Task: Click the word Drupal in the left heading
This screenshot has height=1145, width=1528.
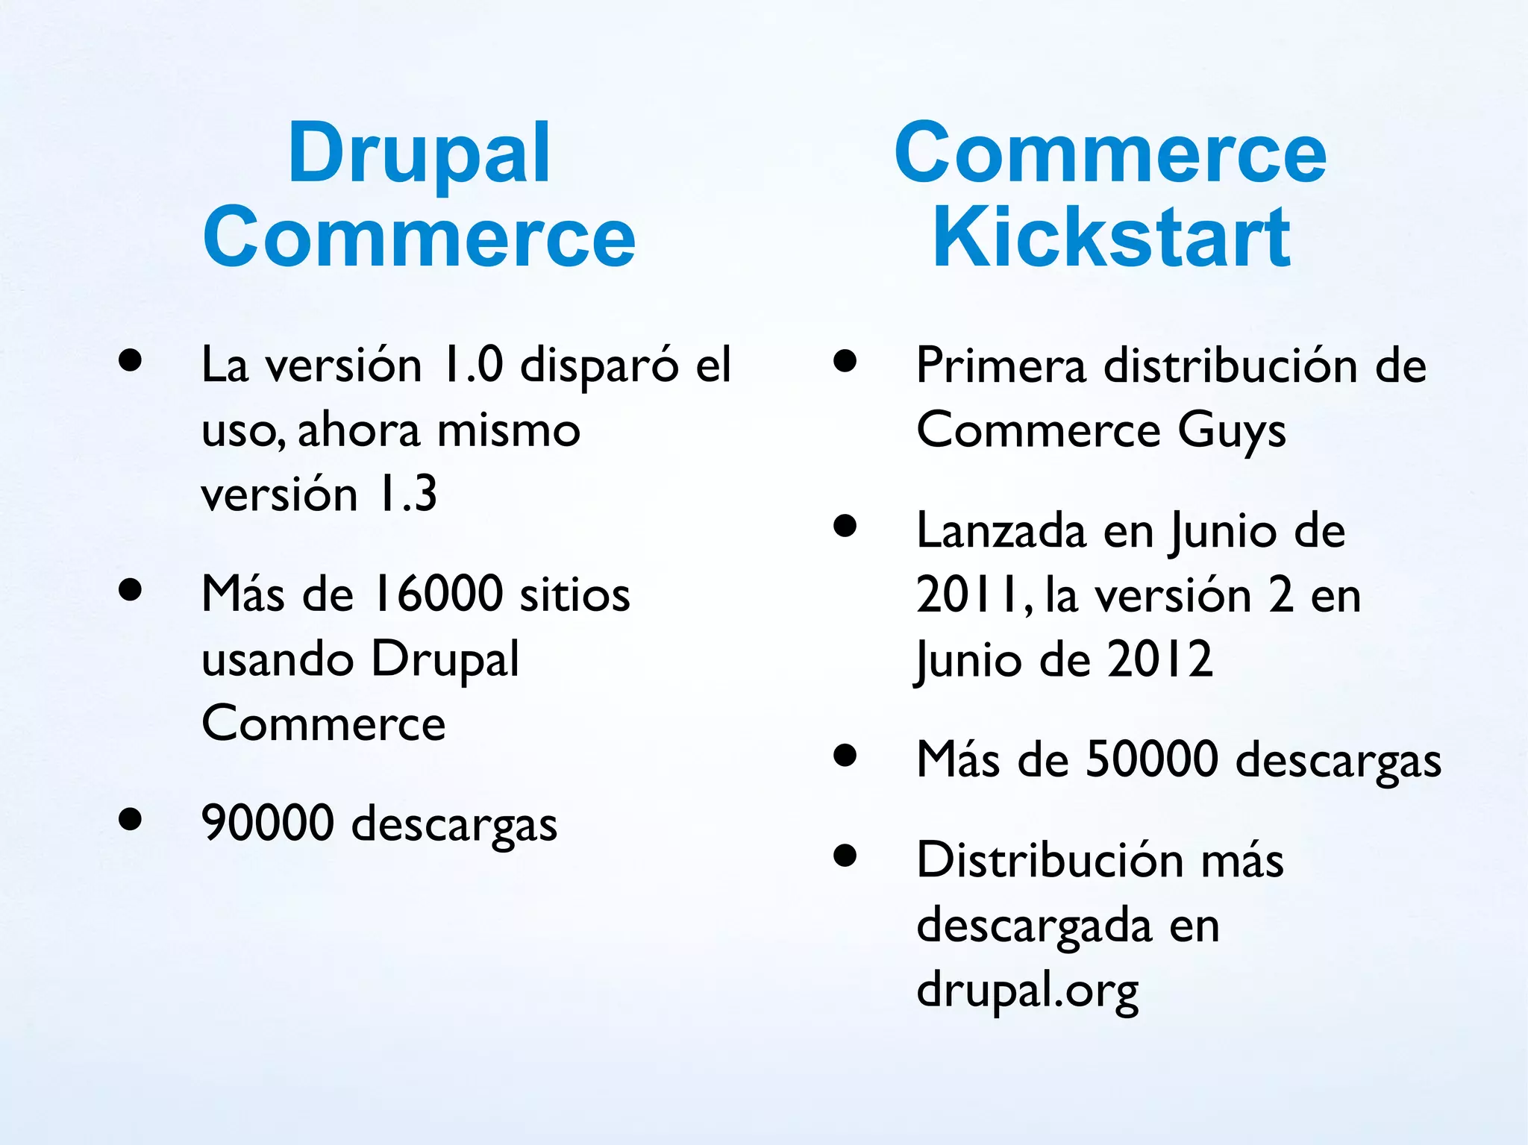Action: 419,154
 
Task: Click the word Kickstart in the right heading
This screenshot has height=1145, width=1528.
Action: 1111,238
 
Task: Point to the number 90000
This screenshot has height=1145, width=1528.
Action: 268,823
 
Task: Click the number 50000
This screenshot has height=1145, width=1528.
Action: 1152,759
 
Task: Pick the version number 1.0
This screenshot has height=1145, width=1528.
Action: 472,365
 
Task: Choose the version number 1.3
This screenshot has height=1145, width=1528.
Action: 407,494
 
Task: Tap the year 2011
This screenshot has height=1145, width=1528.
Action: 968,595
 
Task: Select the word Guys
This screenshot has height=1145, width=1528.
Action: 1232,431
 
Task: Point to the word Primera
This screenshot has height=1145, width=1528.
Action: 1001,366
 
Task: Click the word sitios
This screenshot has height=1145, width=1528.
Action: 574,595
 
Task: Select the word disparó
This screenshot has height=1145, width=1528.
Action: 599,366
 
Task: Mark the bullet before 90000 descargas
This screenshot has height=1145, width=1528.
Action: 131,819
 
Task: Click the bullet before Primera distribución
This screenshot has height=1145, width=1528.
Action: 845,361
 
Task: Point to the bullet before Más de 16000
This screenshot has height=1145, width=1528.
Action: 131,590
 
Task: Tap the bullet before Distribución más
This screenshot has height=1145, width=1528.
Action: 845,855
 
